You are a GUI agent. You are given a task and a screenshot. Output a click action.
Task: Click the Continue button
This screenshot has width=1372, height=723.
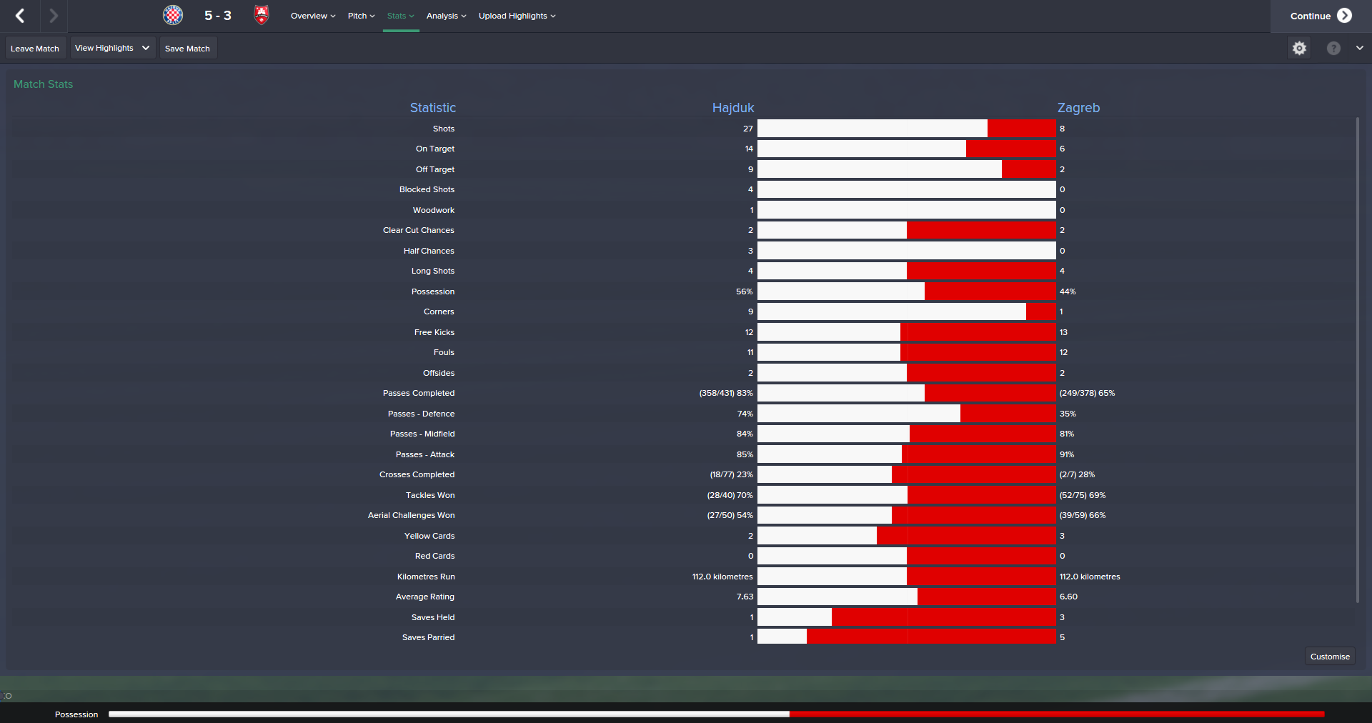click(x=1320, y=16)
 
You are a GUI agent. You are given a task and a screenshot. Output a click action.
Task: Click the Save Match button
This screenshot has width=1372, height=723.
click(x=187, y=49)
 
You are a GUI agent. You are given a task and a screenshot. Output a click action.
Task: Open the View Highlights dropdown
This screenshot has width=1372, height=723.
click(x=112, y=48)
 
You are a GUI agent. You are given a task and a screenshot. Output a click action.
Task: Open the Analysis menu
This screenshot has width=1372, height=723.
click(x=446, y=16)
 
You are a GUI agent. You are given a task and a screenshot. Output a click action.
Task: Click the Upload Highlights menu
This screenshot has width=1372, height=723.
click(x=517, y=16)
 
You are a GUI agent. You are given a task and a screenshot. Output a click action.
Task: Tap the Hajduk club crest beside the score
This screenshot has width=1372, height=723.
click(x=173, y=15)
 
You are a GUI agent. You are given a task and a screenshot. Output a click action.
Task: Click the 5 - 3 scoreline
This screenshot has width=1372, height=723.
click(x=218, y=16)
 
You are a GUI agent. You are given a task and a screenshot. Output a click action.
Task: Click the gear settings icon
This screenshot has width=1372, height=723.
click(x=1299, y=48)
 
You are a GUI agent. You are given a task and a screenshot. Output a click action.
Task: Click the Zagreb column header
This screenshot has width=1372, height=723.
click(x=1078, y=108)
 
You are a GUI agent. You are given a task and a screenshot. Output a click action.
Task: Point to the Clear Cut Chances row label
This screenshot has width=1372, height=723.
click(x=418, y=230)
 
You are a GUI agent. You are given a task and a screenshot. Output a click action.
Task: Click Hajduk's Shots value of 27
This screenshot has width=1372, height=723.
click(x=747, y=129)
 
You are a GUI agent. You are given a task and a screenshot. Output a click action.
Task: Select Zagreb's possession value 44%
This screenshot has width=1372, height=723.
click(x=1068, y=291)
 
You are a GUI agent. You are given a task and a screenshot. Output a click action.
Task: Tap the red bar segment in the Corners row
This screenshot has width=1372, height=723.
click(x=1040, y=311)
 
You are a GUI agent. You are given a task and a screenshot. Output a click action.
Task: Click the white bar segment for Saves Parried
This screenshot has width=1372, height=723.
click(x=782, y=637)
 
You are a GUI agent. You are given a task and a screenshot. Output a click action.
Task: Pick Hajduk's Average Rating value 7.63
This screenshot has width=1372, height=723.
click(x=745, y=597)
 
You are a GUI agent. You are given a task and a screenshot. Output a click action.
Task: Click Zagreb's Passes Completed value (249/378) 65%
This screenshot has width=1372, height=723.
click(x=1087, y=393)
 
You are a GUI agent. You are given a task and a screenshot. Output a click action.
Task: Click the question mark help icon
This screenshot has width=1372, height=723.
click(x=1333, y=48)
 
